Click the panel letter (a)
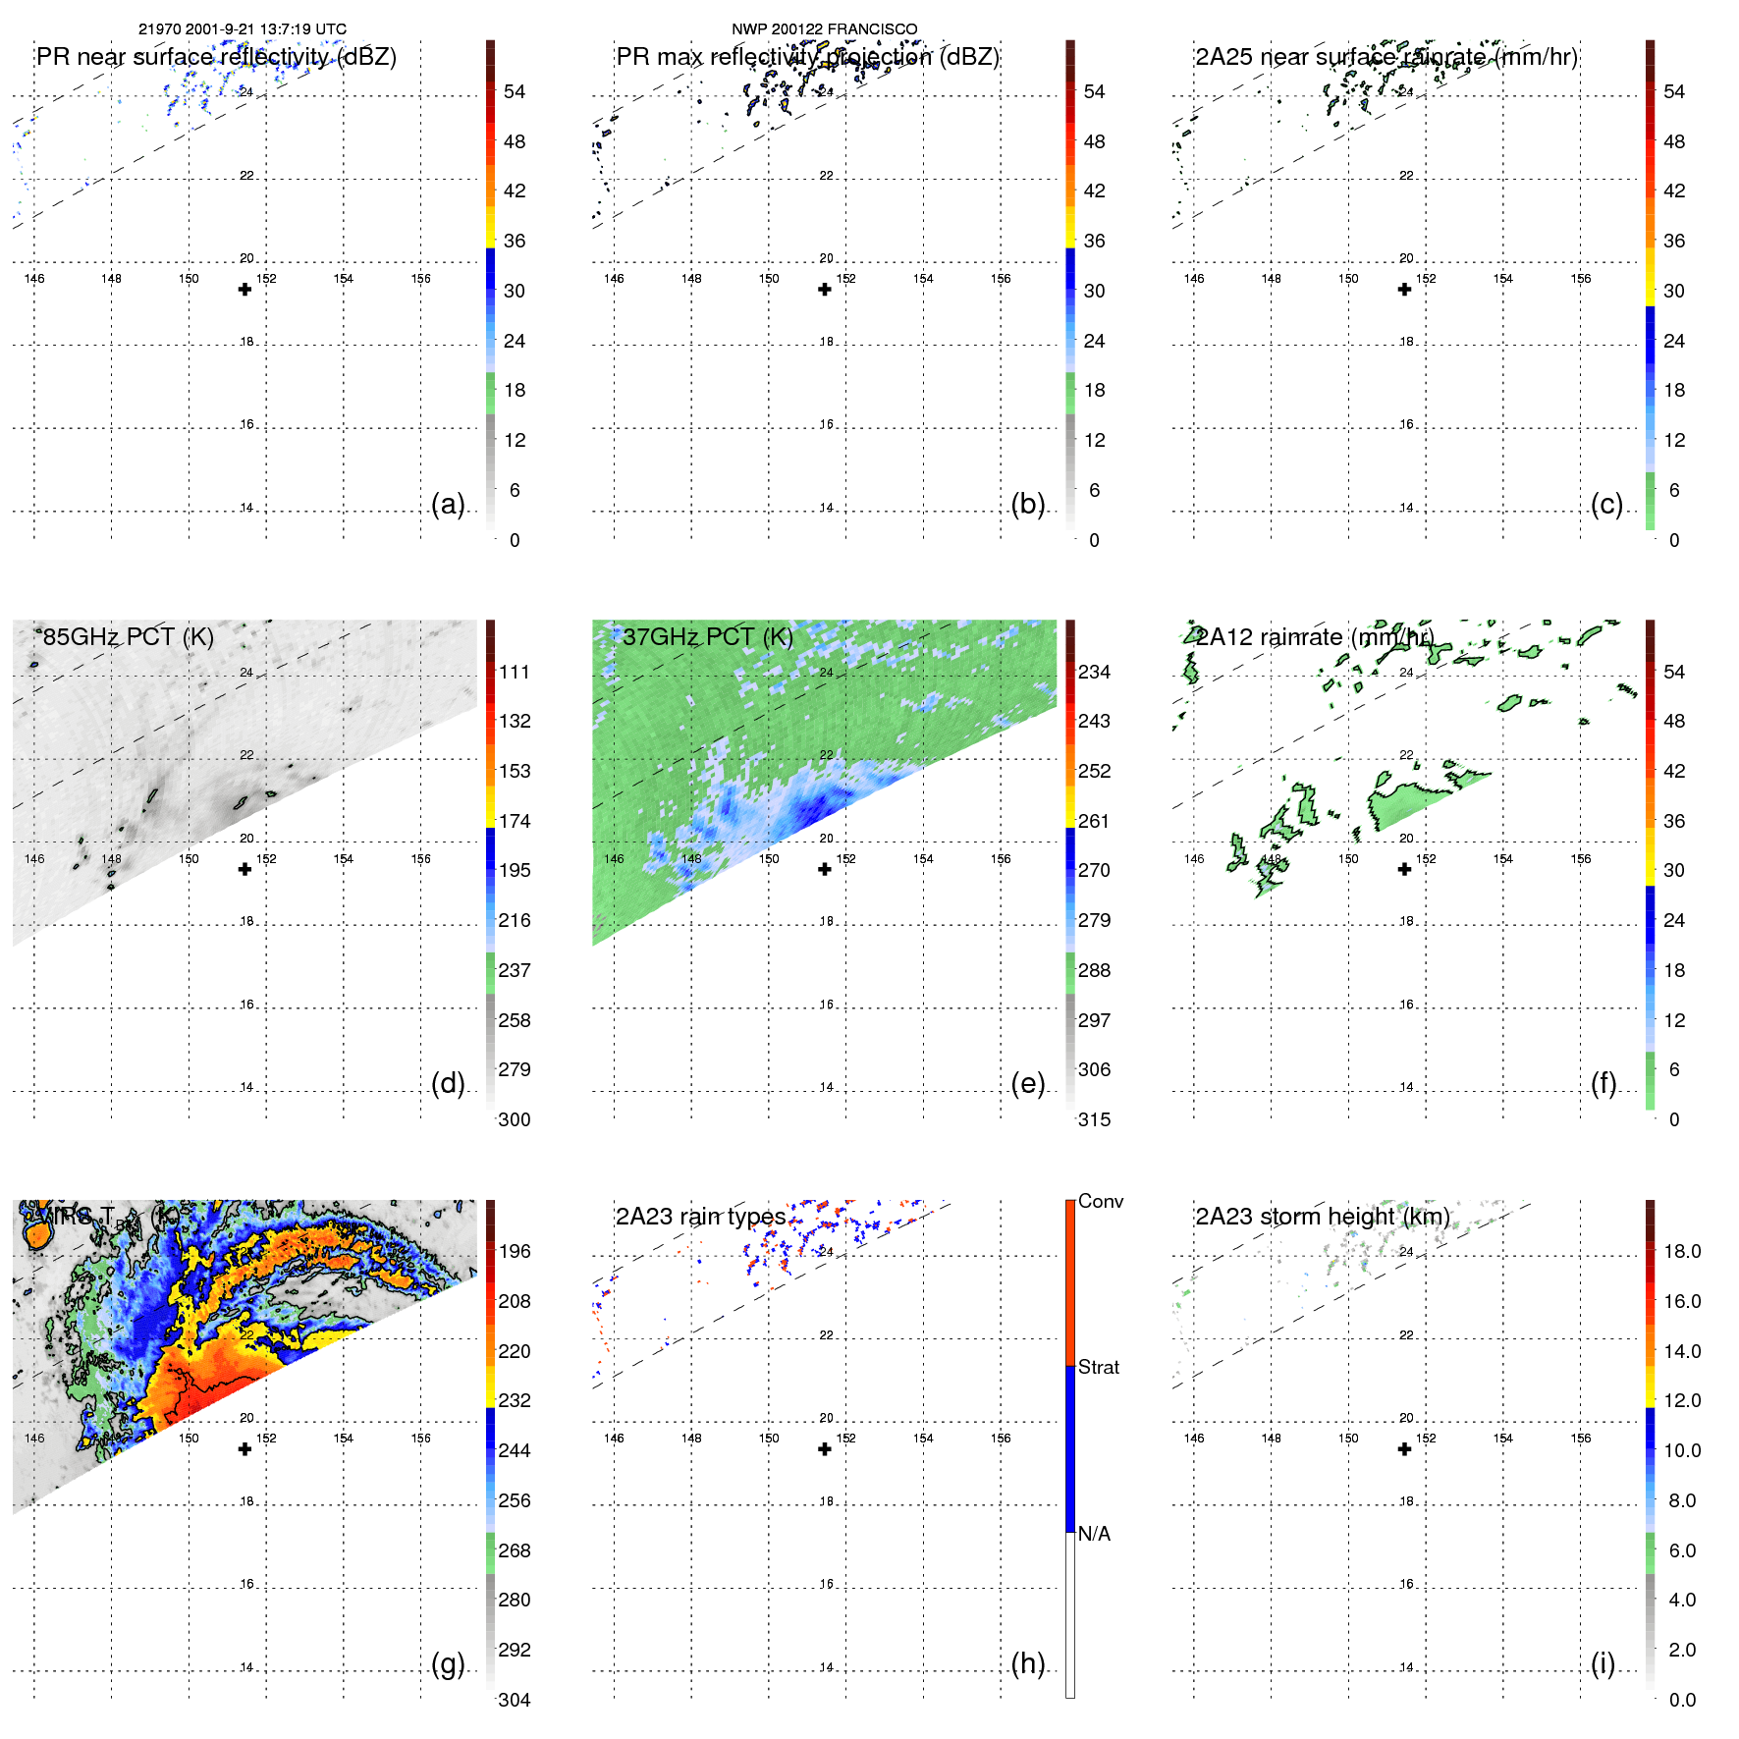point(447,504)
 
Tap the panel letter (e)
point(1027,1083)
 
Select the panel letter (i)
point(1603,1663)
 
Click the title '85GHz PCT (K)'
point(128,636)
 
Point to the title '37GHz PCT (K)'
point(707,636)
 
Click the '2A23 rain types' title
point(700,1217)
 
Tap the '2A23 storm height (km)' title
point(1322,1217)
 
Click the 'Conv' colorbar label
point(1100,1201)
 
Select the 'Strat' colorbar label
point(1098,1367)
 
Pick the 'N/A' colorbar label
point(1094,1534)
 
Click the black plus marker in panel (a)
point(245,289)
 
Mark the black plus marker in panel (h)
point(825,1448)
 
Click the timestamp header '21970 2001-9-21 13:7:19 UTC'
point(243,29)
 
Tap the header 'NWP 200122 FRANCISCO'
point(824,29)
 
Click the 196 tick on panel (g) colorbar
point(514,1251)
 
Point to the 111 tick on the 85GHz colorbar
point(514,672)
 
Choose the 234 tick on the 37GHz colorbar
point(1094,672)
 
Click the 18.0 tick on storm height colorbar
point(1681,1251)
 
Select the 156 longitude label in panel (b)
point(1001,279)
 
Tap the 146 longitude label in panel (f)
point(1194,858)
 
